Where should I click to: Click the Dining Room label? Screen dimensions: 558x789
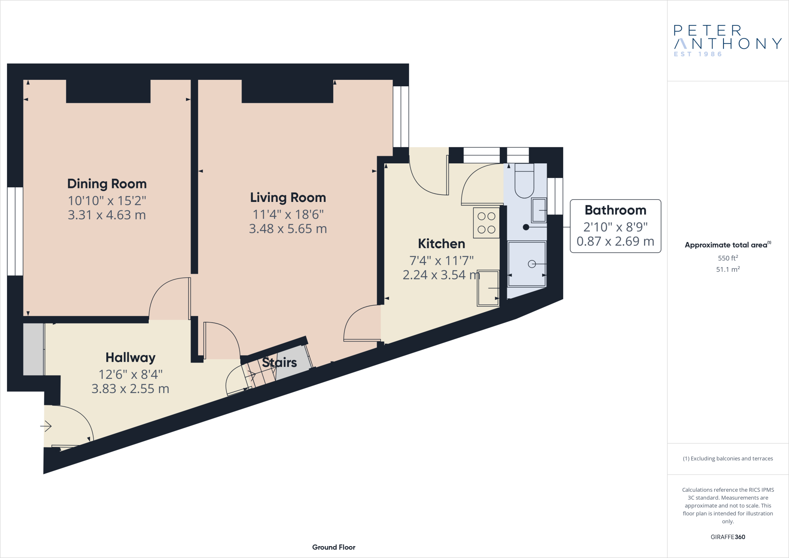coord(107,184)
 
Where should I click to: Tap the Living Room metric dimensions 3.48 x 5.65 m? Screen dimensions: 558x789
coord(288,229)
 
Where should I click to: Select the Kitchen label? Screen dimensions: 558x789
coord(442,244)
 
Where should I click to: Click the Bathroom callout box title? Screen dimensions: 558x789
coord(615,210)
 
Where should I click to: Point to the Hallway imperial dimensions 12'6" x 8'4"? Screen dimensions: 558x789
coord(130,375)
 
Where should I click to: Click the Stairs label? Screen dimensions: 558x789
coord(279,363)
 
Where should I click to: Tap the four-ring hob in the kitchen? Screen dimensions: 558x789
coord(486,223)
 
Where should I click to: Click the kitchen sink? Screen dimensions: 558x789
coord(488,288)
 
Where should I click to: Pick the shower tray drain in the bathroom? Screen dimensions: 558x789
coord(532,264)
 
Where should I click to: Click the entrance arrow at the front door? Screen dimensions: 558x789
coord(46,426)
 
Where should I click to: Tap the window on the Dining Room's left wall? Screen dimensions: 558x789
coord(15,231)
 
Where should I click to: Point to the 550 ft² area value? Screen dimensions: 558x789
coord(728,258)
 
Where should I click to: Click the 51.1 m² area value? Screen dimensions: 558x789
coord(728,270)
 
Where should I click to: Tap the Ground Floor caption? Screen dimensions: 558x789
coord(334,547)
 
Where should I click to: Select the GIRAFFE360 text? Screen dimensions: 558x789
coord(728,537)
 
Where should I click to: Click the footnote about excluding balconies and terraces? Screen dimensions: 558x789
coord(728,459)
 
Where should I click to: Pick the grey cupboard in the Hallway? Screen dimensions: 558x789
coord(34,349)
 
